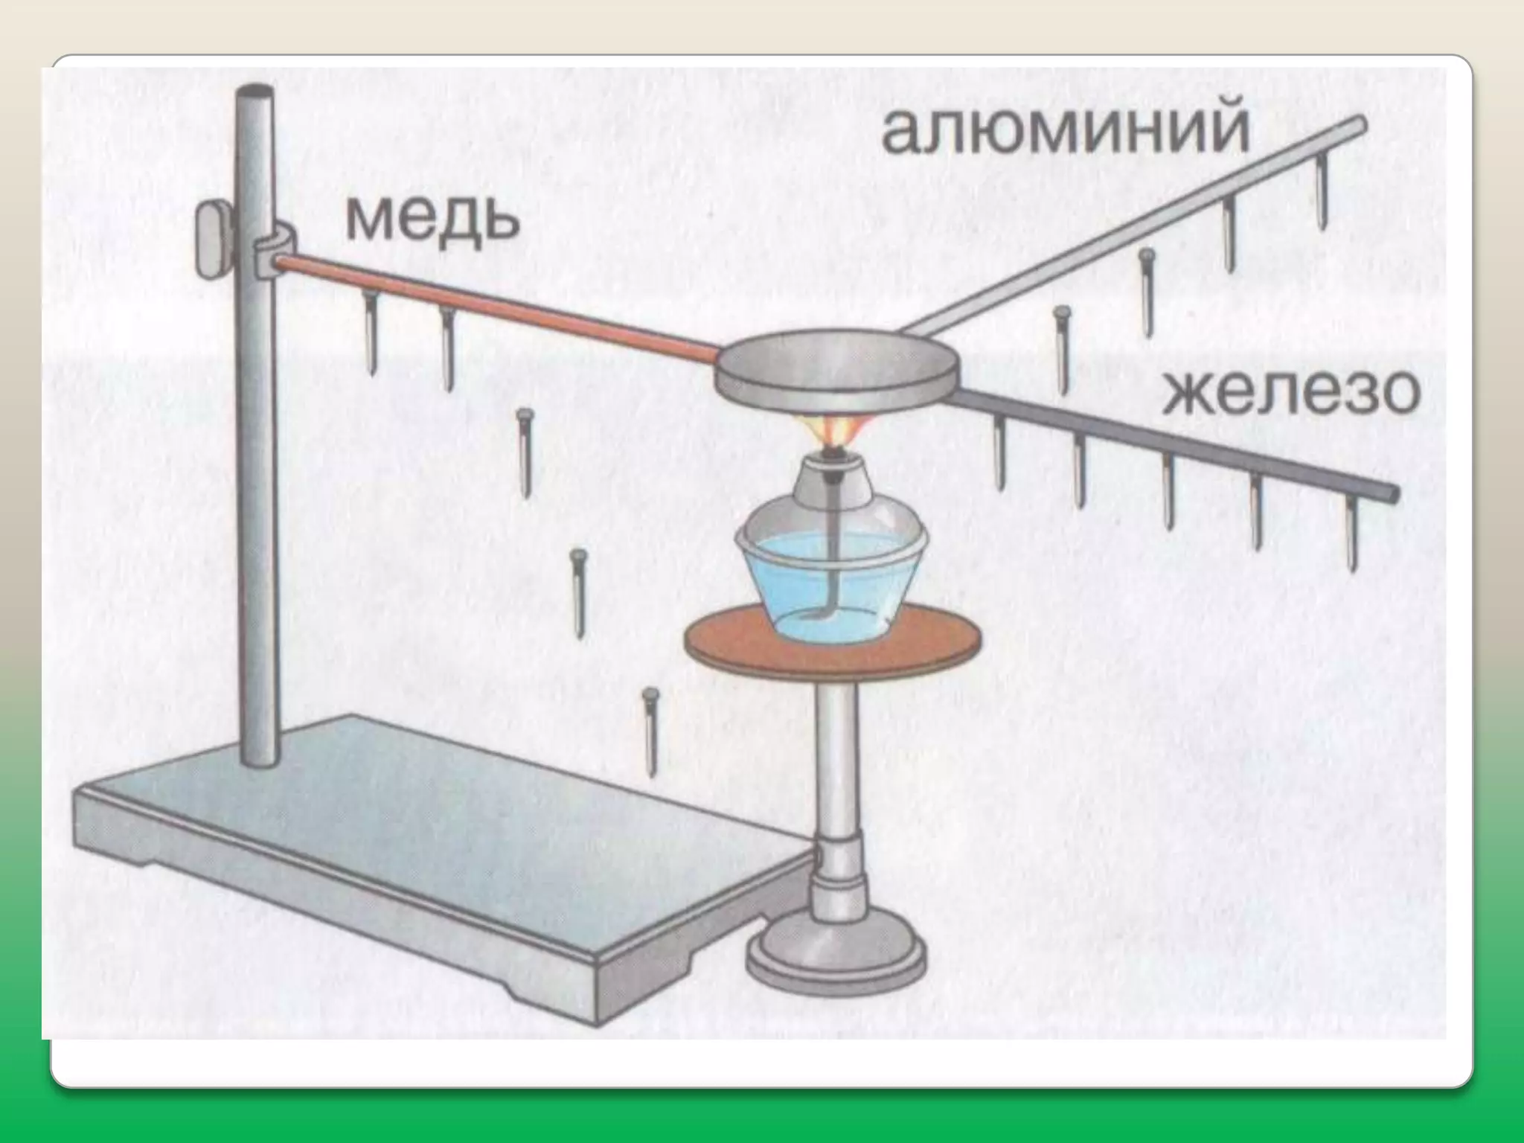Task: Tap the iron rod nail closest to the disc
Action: pyautogui.click(x=1000, y=454)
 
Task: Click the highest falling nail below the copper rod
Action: pyautogui.click(x=525, y=453)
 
